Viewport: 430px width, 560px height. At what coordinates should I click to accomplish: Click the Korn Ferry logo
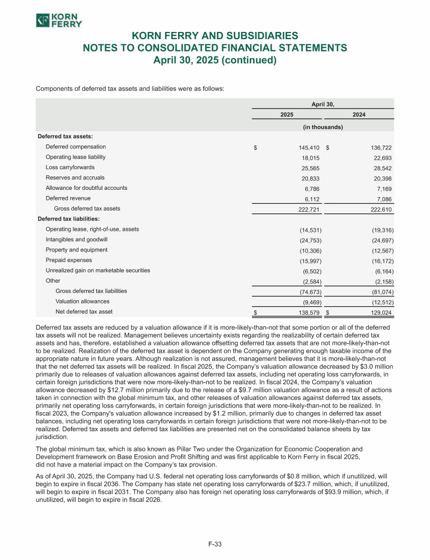click(x=59, y=21)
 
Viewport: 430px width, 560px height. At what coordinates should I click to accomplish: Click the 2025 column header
click(x=287, y=114)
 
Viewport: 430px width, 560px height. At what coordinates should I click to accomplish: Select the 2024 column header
click(x=359, y=114)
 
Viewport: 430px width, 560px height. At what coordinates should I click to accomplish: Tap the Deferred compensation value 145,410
click(x=307, y=147)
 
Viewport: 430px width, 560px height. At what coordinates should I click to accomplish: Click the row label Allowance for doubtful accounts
click(x=86, y=188)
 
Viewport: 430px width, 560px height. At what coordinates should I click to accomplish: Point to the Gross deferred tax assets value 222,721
click(x=307, y=209)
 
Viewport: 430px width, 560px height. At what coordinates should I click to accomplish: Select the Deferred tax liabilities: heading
click(x=60, y=219)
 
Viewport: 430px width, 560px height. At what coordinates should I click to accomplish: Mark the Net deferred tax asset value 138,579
click(x=307, y=312)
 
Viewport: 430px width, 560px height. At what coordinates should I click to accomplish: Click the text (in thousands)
click(x=322, y=127)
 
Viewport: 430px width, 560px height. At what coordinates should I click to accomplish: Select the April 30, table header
click(x=322, y=104)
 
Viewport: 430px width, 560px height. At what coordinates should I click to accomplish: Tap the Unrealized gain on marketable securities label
click(x=97, y=270)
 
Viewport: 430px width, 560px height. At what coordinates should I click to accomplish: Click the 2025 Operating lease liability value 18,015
click(x=310, y=158)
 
